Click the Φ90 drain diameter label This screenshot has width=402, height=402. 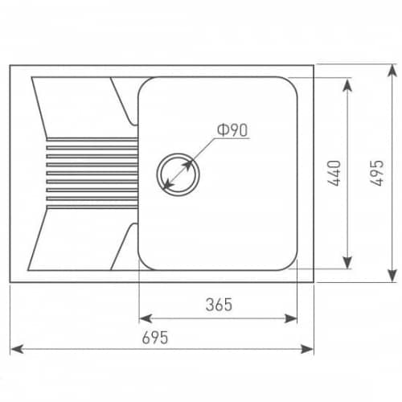pyautogui.click(x=232, y=130)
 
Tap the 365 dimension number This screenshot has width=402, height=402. pyautogui.click(x=219, y=305)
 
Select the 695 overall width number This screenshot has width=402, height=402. pyautogui.click(x=155, y=338)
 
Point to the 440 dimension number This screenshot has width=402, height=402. pyautogui.click(x=334, y=173)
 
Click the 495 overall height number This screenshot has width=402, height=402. pyautogui.click(x=376, y=173)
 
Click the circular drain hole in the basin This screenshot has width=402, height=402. pyautogui.click(x=178, y=174)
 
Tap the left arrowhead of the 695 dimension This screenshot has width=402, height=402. pyautogui.click(x=17, y=349)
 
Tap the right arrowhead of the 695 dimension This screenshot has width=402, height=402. pyautogui.click(x=307, y=349)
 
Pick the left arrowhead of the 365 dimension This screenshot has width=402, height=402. pyautogui.click(x=146, y=318)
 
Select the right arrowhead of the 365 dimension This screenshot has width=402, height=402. pyautogui.click(x=290, y=318)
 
